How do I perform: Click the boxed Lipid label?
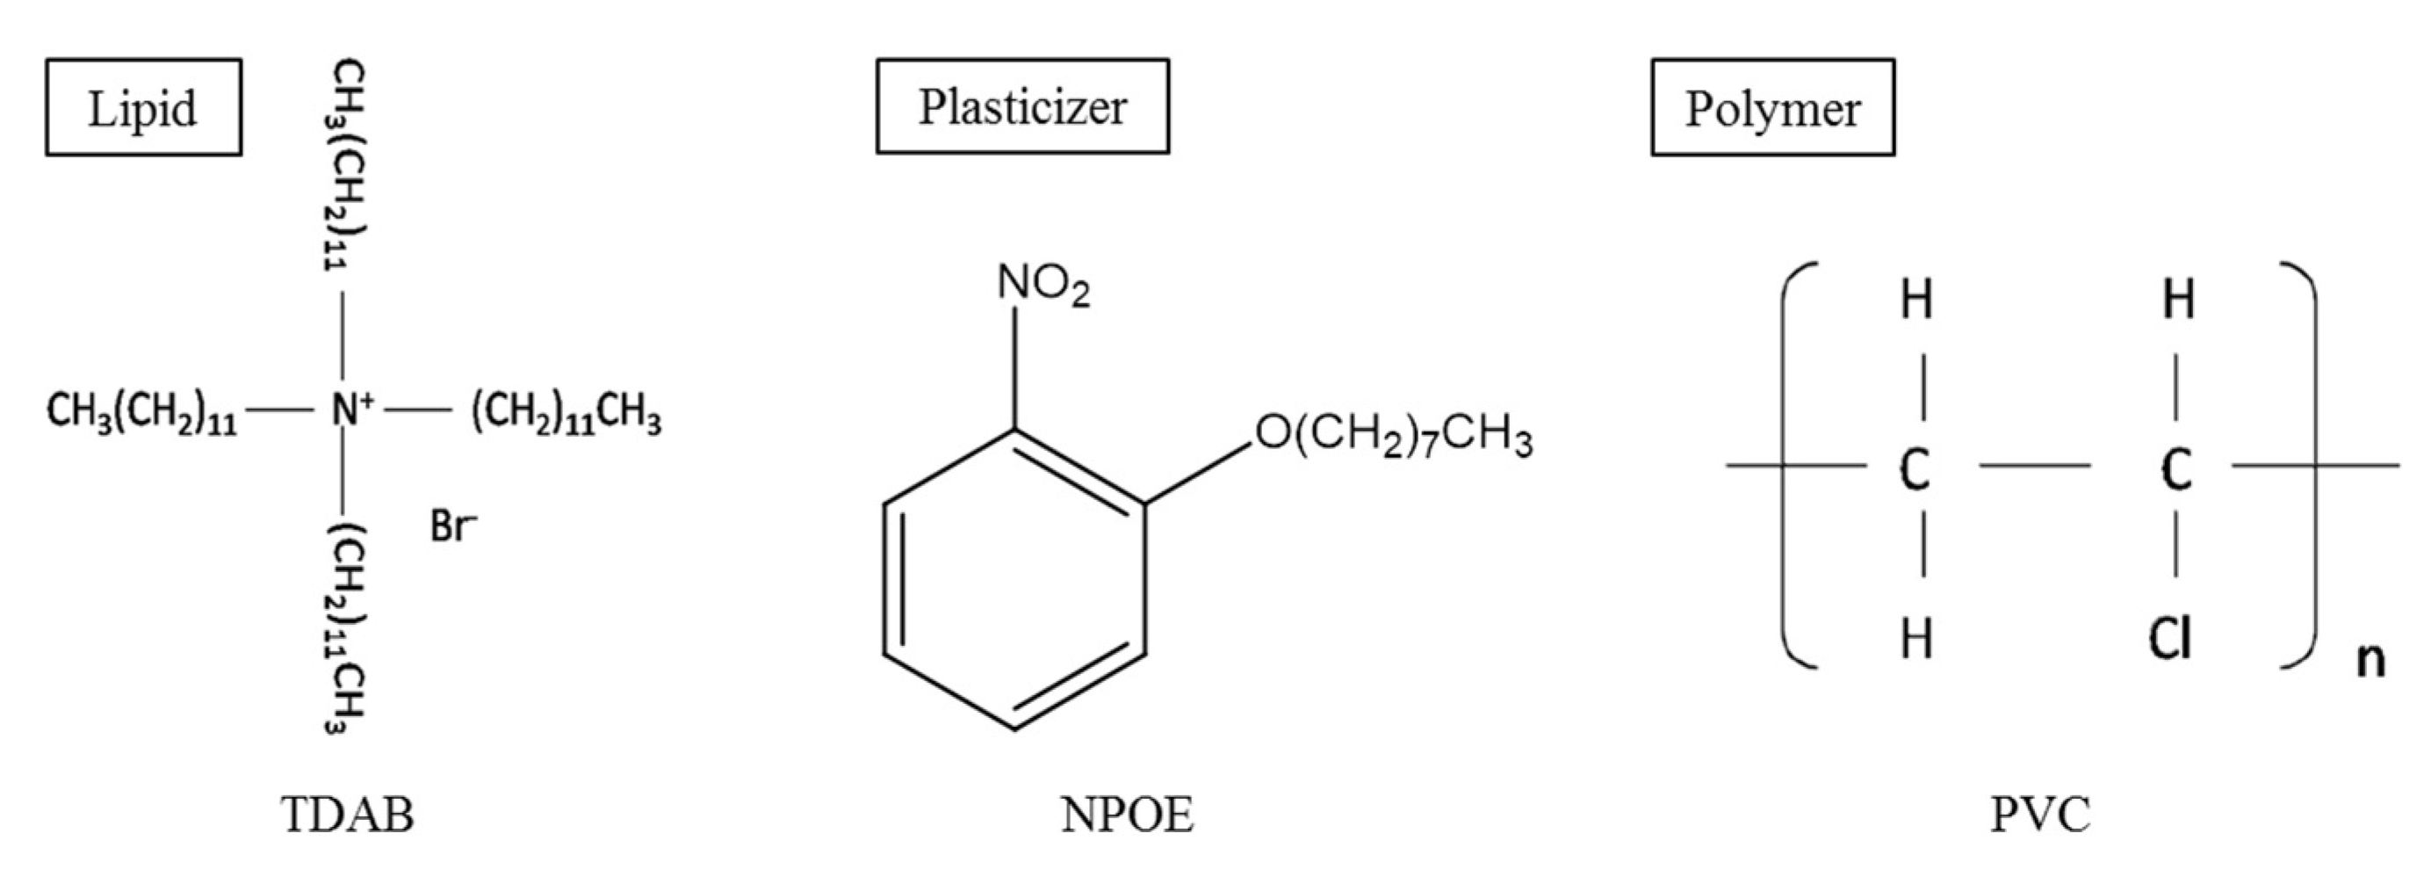coord(143,107)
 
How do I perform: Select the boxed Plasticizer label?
coord(1022,106)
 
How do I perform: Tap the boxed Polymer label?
coord(1772,107)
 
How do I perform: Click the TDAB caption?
coord(347,815)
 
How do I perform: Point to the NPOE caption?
coord(1126,815)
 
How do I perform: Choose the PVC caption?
coord(2039,815)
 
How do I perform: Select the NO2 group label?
coord(1042,285)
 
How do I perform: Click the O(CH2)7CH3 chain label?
coord(1393,435)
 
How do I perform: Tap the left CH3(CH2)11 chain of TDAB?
coord(141,413)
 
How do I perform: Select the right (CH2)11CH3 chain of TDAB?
coord(566,413)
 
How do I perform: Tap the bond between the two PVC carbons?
coord(2034,465)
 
